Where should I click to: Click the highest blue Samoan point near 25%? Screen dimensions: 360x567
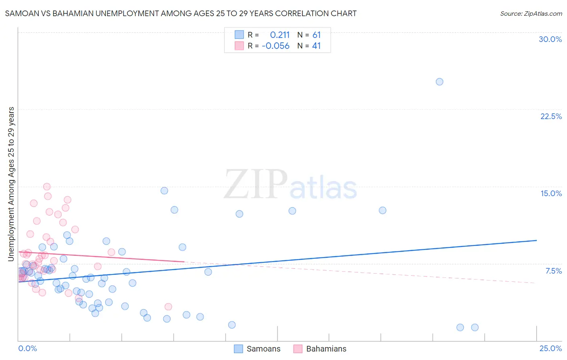click(440, 82)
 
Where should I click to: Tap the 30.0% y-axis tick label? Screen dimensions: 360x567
click(550, 39)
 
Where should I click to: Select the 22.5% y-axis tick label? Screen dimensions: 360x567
click(551, 116)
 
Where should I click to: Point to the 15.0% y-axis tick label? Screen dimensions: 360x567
click(551, 193)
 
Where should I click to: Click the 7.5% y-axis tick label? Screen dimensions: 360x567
click(553, 271)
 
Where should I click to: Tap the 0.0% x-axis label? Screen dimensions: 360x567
click(27, 348)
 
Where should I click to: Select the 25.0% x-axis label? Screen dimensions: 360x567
click(550, 348)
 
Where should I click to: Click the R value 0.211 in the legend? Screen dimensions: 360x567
click(279, 35)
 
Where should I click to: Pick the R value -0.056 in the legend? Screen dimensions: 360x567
click(275, 46)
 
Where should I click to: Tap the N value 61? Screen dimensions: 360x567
click(316, 35)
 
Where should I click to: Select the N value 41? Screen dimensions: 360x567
click(316, 46)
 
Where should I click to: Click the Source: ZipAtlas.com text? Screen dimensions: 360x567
click(531, 13)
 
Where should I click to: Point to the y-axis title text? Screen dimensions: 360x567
click(11, 184)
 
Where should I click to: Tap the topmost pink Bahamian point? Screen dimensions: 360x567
click(47, 186)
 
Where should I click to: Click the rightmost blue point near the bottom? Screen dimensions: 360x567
click(475, 327)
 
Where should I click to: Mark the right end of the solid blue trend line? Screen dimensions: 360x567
click(536, 241)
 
